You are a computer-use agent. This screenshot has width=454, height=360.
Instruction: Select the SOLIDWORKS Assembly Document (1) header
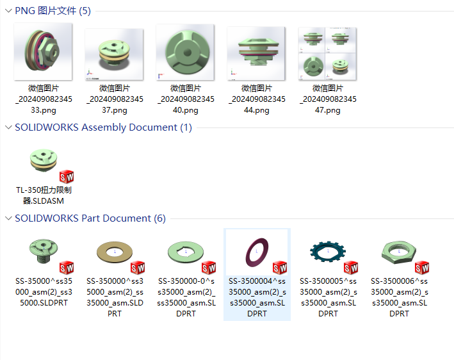103,127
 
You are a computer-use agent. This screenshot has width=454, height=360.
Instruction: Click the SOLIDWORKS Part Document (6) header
90,218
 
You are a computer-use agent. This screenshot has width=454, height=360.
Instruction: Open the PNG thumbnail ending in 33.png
43,53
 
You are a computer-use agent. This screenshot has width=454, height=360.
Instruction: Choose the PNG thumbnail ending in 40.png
185,53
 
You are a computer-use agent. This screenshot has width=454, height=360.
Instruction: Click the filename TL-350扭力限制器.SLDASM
44,195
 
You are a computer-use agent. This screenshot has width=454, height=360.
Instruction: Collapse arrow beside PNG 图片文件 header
7,11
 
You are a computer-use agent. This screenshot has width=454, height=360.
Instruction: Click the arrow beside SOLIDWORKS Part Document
7,218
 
